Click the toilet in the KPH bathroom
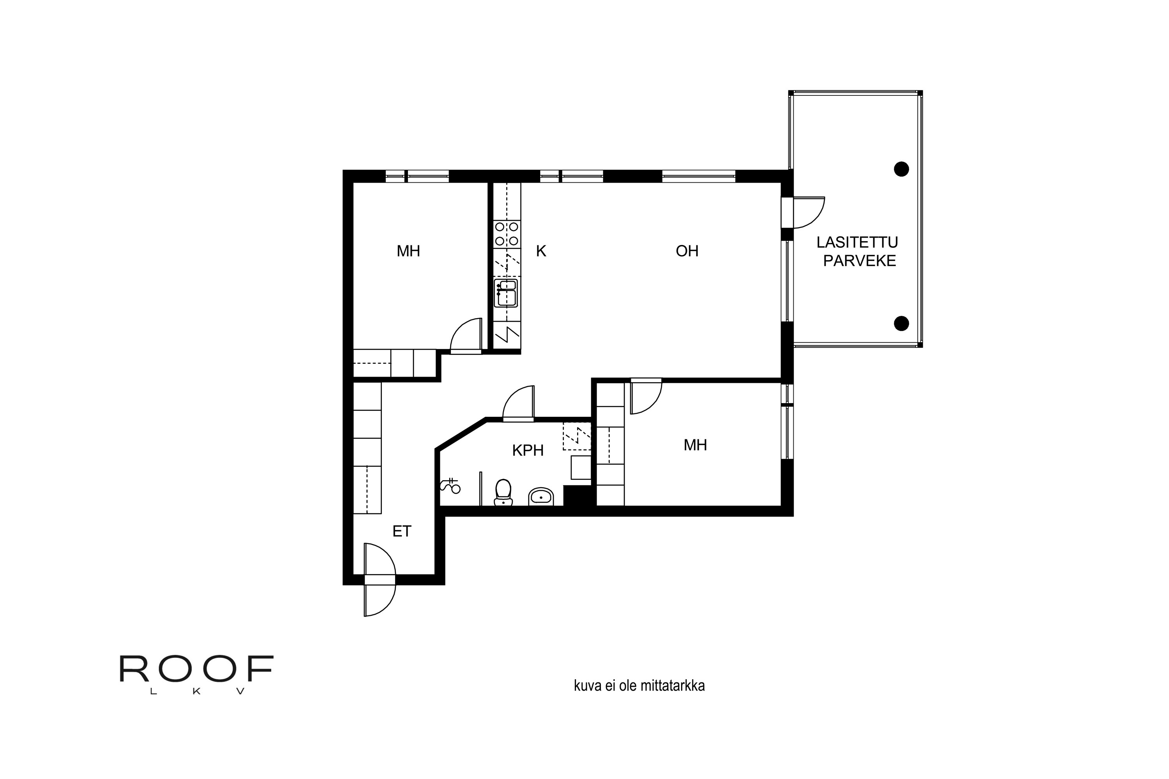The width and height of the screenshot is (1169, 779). tap(503, 492)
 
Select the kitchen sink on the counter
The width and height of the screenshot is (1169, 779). tap(506, 293)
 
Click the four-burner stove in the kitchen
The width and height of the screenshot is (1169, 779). tap(507, 234)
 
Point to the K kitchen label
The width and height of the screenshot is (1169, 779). tap(541, 251)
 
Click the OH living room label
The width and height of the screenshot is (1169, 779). tap(687, 251)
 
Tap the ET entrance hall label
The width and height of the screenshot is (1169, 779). tap(402, 532)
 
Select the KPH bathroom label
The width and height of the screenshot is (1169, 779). tap(528, 451)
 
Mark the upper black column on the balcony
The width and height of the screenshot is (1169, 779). tap(902, 169)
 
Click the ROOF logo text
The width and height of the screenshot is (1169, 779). tap(197, 669)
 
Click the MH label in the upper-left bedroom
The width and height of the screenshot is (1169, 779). tap(408, 251)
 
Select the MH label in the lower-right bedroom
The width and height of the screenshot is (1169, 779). tap(695, 445)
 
